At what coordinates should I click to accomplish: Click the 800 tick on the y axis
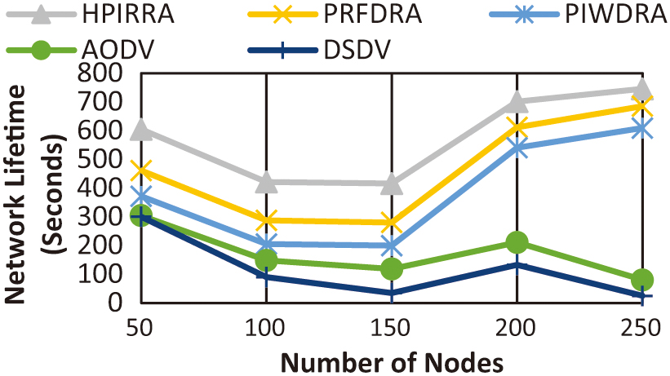click(x=101, y=73)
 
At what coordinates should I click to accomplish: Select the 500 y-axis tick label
click(x=101, y=159)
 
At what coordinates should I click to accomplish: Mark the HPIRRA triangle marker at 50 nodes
click(x=141, y=130)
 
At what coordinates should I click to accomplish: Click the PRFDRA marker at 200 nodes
click(x=517, y=126)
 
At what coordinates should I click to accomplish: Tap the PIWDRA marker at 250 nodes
click(x=641, y=128)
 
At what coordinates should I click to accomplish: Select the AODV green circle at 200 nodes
click(x=517, y=242)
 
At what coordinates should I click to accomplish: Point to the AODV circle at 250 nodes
click(x=641, y=280)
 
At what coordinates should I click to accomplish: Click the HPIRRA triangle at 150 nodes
click(x=392, y=184)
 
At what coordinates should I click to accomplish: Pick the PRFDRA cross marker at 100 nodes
click(x=266, y=220)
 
